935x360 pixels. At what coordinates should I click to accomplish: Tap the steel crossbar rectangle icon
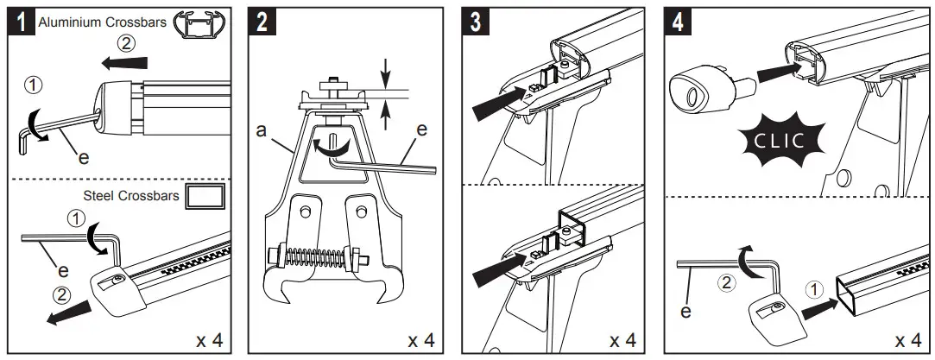tap(206, 196)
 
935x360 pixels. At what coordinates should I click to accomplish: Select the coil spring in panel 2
tap(313, 256)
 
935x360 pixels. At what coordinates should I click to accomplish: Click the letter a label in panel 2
tap(261, 130)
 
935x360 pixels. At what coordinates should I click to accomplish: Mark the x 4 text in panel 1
tap(210, 338)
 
